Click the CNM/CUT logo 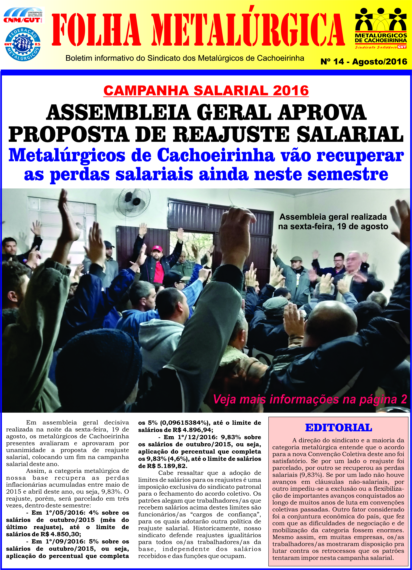point(23,16)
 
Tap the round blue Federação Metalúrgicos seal point(23,44)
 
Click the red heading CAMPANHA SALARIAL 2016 point(206,91)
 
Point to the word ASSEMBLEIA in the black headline point(118,112)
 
